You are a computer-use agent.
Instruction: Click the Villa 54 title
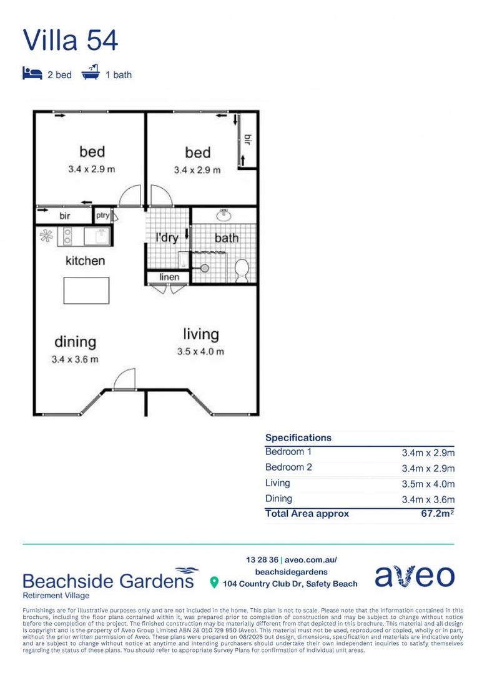[x=71, y=40]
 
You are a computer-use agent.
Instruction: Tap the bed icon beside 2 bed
[x=32, y=74]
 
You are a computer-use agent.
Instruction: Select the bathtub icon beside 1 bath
[x=91, y=74]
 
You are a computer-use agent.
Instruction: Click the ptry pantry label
[x=102, y=216]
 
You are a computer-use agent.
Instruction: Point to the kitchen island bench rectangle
[x=86, y=290]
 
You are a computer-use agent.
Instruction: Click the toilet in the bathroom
[x=242, y=270]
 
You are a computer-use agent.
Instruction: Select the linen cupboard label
[x=169, y=277]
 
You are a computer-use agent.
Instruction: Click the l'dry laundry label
[x=167, y=237]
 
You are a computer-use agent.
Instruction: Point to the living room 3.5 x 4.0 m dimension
[x=200, y=351]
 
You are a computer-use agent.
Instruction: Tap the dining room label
[x=75, y=342]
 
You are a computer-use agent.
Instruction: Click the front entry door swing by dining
[x=125, y=379]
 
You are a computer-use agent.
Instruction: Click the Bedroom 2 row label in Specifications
[x=288, y=467]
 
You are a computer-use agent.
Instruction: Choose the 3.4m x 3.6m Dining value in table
[x=428, y=499]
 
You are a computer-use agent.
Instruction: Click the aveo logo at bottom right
[x=415, y=577]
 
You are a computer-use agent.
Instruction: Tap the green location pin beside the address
[x=214, y=583]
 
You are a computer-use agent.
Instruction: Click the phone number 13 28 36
[x=262, y=559]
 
